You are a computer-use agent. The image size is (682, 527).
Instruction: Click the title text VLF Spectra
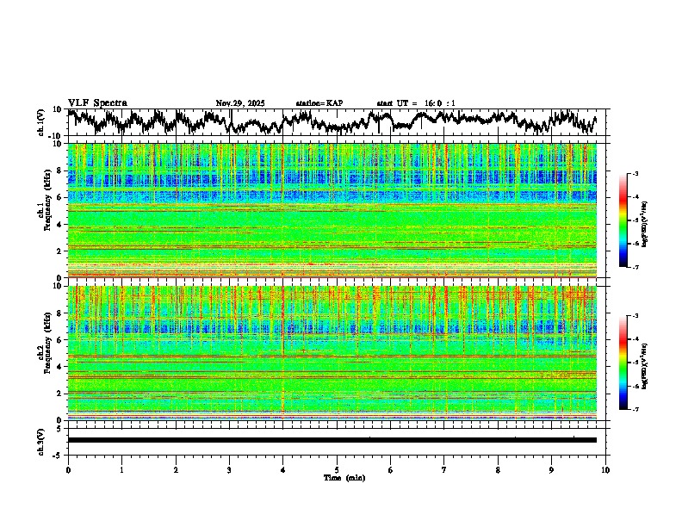coord(97,102)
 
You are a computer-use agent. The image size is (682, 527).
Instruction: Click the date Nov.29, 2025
coord(240,103)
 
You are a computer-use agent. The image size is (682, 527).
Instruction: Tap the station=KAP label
coord(319,103)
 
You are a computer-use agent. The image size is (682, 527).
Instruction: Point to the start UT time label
coord(416,103)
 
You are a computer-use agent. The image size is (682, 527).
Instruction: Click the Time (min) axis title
coord(344,477)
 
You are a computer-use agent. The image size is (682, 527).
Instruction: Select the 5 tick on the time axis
coord(337,469)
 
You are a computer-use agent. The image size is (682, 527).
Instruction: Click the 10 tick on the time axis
coord(605,469)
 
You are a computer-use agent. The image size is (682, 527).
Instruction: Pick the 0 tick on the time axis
coord(68,469)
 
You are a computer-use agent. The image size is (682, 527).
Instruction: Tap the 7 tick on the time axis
coord(444,469)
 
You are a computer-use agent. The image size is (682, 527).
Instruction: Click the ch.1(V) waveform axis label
coord(41,122)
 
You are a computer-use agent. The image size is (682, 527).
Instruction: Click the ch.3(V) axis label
coord(41,439)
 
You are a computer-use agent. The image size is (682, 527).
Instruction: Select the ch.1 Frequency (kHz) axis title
coord(43,210)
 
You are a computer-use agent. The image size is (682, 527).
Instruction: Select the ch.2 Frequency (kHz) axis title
coord(43,351)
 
